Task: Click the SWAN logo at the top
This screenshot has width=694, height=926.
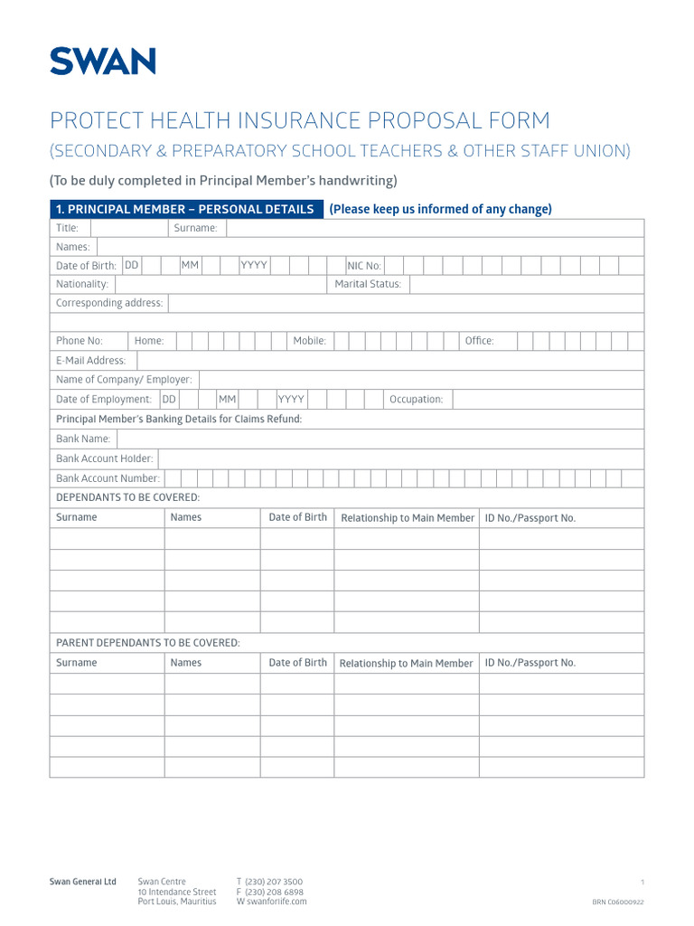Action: (x=102, y=61)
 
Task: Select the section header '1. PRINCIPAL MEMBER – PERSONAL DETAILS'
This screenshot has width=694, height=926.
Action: (x=185, y=209)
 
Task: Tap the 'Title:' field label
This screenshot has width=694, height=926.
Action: (x=68, y=228)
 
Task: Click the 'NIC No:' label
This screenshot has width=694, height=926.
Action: (x=365, y=266)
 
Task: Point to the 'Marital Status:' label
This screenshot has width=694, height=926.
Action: (x=368, y=284)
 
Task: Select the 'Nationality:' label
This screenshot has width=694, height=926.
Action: (x=82, y=284)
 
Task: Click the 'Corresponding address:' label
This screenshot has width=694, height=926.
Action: (x=109, y=303)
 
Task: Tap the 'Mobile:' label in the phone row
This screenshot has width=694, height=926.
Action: (x=309, y=341)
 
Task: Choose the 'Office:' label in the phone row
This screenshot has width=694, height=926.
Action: (x=479, y=341)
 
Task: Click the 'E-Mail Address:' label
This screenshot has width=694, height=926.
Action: (x=91, y=361)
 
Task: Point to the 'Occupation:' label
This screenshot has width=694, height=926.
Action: (x=416, y=400)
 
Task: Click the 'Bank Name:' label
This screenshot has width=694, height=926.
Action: (x=83, y=439)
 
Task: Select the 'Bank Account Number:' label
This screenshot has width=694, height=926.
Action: (x=108, y=478)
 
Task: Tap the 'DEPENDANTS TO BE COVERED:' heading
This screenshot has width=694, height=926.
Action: (x=127, y=497)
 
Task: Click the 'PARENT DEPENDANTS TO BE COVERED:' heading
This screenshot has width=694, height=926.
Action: (x=148, y=643)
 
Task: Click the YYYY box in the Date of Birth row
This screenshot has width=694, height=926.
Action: (x=253, y=265)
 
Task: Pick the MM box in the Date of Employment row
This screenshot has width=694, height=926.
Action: (x=227, y=399)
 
